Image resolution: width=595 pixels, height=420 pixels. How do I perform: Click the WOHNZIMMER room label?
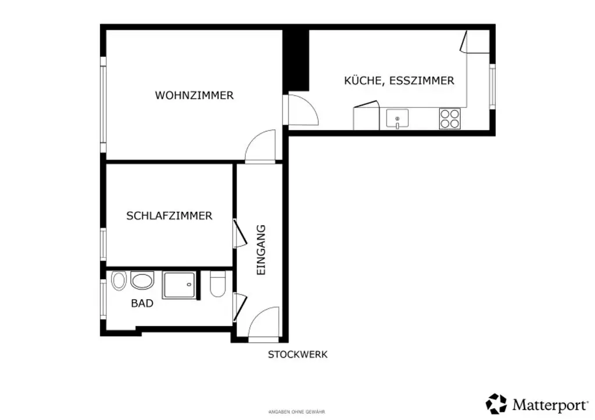tap(194, 95)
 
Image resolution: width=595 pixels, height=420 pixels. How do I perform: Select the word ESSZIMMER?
tap(421, 81)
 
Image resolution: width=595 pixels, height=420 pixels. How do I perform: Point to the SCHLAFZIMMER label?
tap(169, 216)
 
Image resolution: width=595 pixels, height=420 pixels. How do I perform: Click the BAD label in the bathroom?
tap(142, 303)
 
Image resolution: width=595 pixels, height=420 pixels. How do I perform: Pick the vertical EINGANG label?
tap(261, 249)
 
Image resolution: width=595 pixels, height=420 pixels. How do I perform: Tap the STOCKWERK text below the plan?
tap(297, 354)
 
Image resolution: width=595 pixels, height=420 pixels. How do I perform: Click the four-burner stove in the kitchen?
tap(449, 118)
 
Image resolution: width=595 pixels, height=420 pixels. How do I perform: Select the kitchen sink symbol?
tap(397, 119)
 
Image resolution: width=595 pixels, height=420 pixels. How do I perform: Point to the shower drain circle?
tap(188, 285)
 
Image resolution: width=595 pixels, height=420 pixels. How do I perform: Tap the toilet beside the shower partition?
tap(217, 284)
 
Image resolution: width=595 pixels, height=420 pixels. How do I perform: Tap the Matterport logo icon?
tap(496, 404)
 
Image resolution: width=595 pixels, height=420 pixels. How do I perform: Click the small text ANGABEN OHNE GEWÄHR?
tap(296, 411)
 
